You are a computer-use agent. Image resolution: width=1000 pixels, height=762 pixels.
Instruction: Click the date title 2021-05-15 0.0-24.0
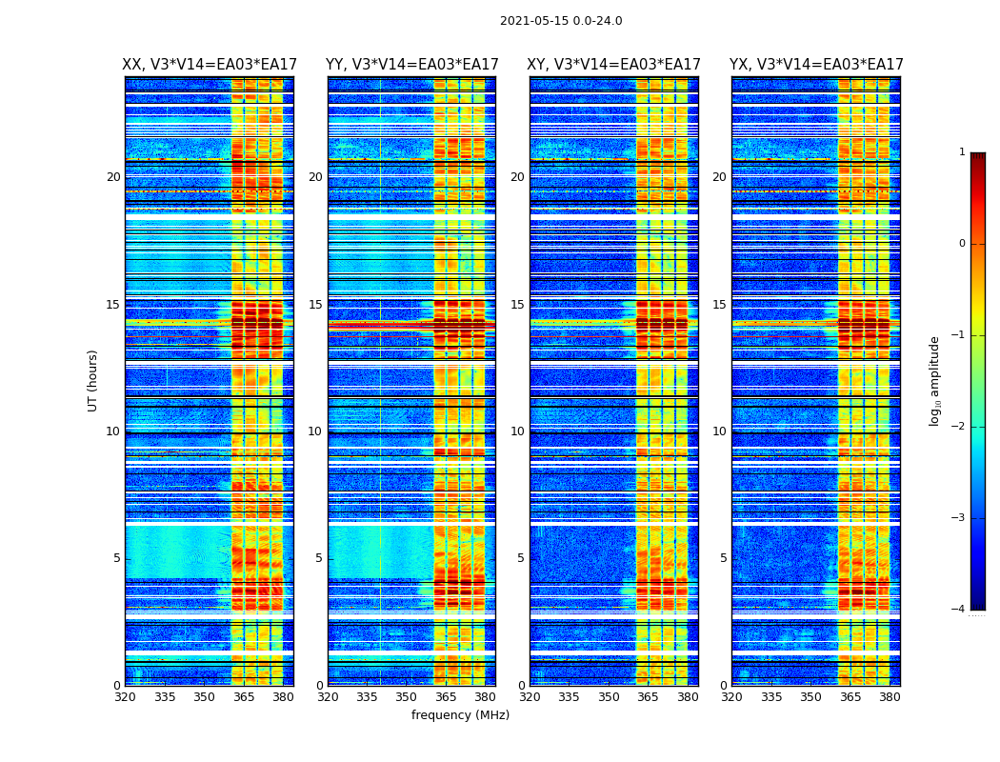561,21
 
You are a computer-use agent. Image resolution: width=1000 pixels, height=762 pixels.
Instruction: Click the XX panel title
210,65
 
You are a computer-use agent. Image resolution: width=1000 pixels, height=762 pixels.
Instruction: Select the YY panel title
411,65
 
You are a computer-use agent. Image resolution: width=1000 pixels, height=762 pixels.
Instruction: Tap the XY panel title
614,65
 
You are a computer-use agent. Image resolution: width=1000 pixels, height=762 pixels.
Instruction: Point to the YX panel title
816,65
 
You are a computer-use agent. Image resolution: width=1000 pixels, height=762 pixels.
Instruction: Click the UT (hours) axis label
93,380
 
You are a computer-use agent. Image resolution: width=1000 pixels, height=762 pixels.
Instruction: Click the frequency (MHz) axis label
460,715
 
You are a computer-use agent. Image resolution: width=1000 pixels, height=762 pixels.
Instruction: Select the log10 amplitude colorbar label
935,380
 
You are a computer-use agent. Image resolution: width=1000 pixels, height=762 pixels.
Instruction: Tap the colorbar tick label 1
961,152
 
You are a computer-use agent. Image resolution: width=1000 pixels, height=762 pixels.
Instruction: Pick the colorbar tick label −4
958,610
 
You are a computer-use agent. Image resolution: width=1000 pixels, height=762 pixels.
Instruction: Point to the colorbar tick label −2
958,427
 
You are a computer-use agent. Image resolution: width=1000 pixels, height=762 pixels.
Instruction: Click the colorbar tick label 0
961,244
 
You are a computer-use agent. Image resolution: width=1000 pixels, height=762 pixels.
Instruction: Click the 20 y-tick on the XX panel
113,177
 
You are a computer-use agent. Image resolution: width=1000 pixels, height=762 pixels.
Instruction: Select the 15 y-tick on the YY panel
316,305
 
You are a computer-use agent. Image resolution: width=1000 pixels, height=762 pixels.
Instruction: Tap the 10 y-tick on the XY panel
518,431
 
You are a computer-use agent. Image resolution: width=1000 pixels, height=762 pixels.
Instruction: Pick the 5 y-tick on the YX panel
723,558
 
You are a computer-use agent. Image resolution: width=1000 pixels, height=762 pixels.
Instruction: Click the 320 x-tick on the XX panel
125,697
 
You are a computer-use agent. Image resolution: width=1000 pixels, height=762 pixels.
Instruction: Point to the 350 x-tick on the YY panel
407,697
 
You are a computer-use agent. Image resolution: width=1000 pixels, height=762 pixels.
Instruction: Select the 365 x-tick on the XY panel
648,697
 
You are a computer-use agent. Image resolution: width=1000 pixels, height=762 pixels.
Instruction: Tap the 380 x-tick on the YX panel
890,697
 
